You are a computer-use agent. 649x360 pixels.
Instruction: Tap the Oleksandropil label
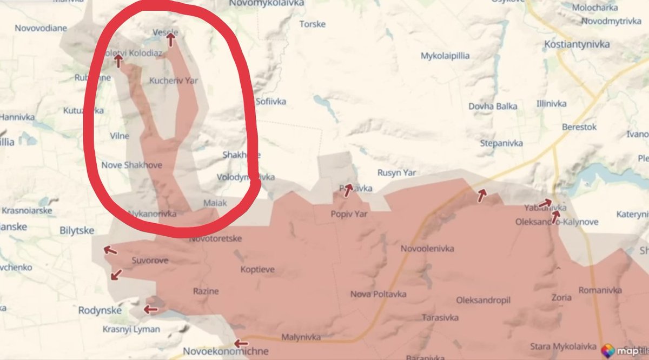484,299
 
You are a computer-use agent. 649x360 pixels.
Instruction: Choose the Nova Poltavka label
378,294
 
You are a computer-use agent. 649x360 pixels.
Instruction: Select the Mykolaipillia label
445,56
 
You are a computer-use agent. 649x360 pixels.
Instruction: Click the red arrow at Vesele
171,39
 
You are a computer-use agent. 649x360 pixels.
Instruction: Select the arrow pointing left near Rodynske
150,310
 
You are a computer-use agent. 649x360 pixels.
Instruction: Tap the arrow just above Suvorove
110,250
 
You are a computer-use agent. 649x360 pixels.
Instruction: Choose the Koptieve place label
257,269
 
